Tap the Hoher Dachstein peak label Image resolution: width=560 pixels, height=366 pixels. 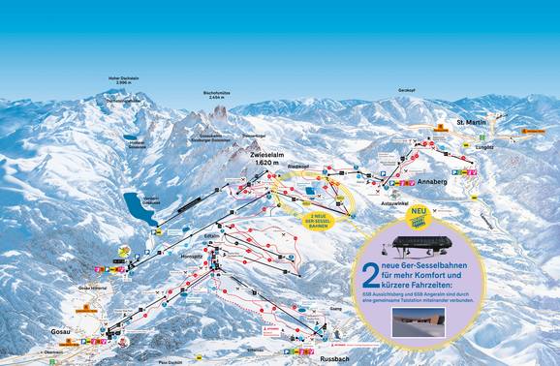[x=117, y=77]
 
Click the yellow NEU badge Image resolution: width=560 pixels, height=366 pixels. [x=420, y=211]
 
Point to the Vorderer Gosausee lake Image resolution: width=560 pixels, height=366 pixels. [x=138, y=207]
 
